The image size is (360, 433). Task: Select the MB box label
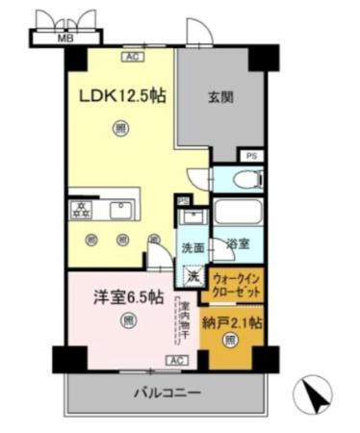[x=65, y=39]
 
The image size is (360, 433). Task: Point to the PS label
[x=251, y=155]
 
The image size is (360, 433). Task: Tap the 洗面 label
[x=193, y=247]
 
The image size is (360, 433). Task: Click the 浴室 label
[x=238, y=245]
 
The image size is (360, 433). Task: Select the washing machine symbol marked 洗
[x=193, y=277]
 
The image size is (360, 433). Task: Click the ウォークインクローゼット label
[x=234, y=286]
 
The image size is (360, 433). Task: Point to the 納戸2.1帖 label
[x=232, y=320]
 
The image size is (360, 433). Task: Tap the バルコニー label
[x=165, y=393]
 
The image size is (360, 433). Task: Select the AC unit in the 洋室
[x=176, y=360]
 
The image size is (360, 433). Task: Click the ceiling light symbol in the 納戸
[x=230, y=341]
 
